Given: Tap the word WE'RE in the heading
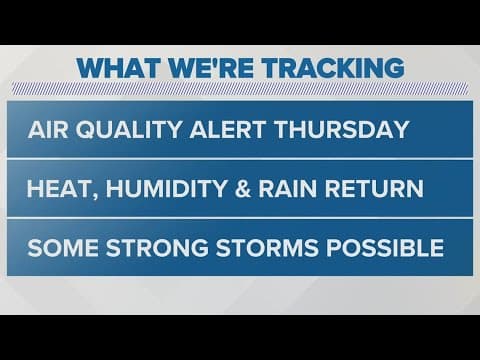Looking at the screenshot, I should pos(205,68).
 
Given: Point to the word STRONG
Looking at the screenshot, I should pos(151,247).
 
